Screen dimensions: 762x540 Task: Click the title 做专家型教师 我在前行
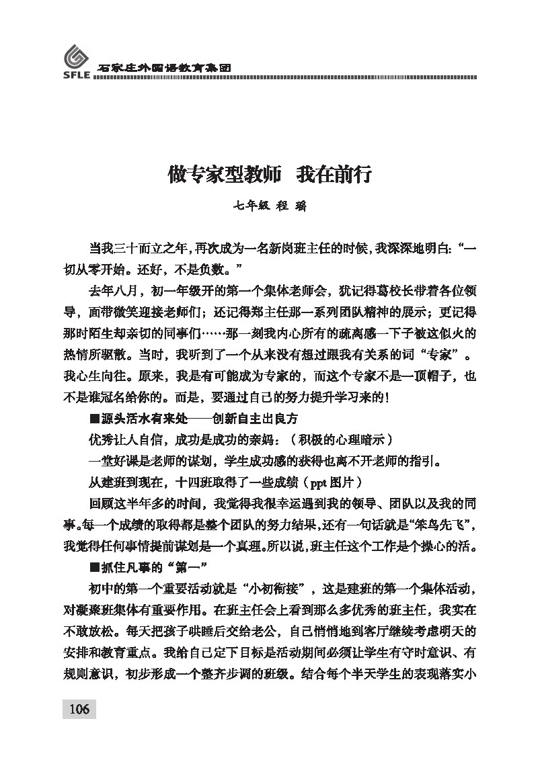tap(270, 176)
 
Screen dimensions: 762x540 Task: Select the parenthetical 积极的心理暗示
tap(338, 440)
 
